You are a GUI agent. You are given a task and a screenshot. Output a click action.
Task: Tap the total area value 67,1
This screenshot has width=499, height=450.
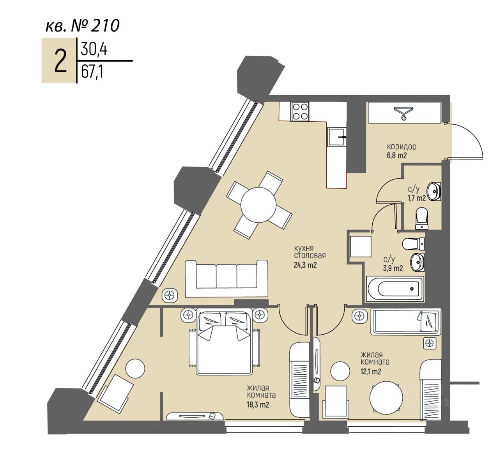click(x=92, y=72)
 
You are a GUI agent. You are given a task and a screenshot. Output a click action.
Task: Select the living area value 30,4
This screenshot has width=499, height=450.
click(x=94, y=50)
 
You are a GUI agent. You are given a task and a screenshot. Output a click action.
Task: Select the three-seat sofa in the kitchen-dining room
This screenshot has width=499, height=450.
click(x=226, y=278)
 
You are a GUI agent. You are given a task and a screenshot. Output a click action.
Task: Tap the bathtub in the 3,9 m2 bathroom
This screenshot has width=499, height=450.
click(x=395, y=289)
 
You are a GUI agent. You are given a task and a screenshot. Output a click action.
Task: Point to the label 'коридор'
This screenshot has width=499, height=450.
click(x=402, y=147)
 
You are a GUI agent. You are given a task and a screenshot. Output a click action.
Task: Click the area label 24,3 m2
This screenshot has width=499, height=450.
click(x=305, y=266)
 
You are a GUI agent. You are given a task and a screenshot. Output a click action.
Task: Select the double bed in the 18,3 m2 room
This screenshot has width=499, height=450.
click(x=224, y=341)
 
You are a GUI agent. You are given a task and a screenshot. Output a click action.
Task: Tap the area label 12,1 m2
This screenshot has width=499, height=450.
click(x=371, y=371)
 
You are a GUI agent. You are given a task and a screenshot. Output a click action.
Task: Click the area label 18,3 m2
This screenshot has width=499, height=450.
click(x=258, y=404)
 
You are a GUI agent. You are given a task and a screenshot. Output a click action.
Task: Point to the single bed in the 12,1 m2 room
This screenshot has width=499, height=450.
click(x=406, y=321)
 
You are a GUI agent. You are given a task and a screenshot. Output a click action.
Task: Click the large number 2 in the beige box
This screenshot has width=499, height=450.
click(x=60, y=61)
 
